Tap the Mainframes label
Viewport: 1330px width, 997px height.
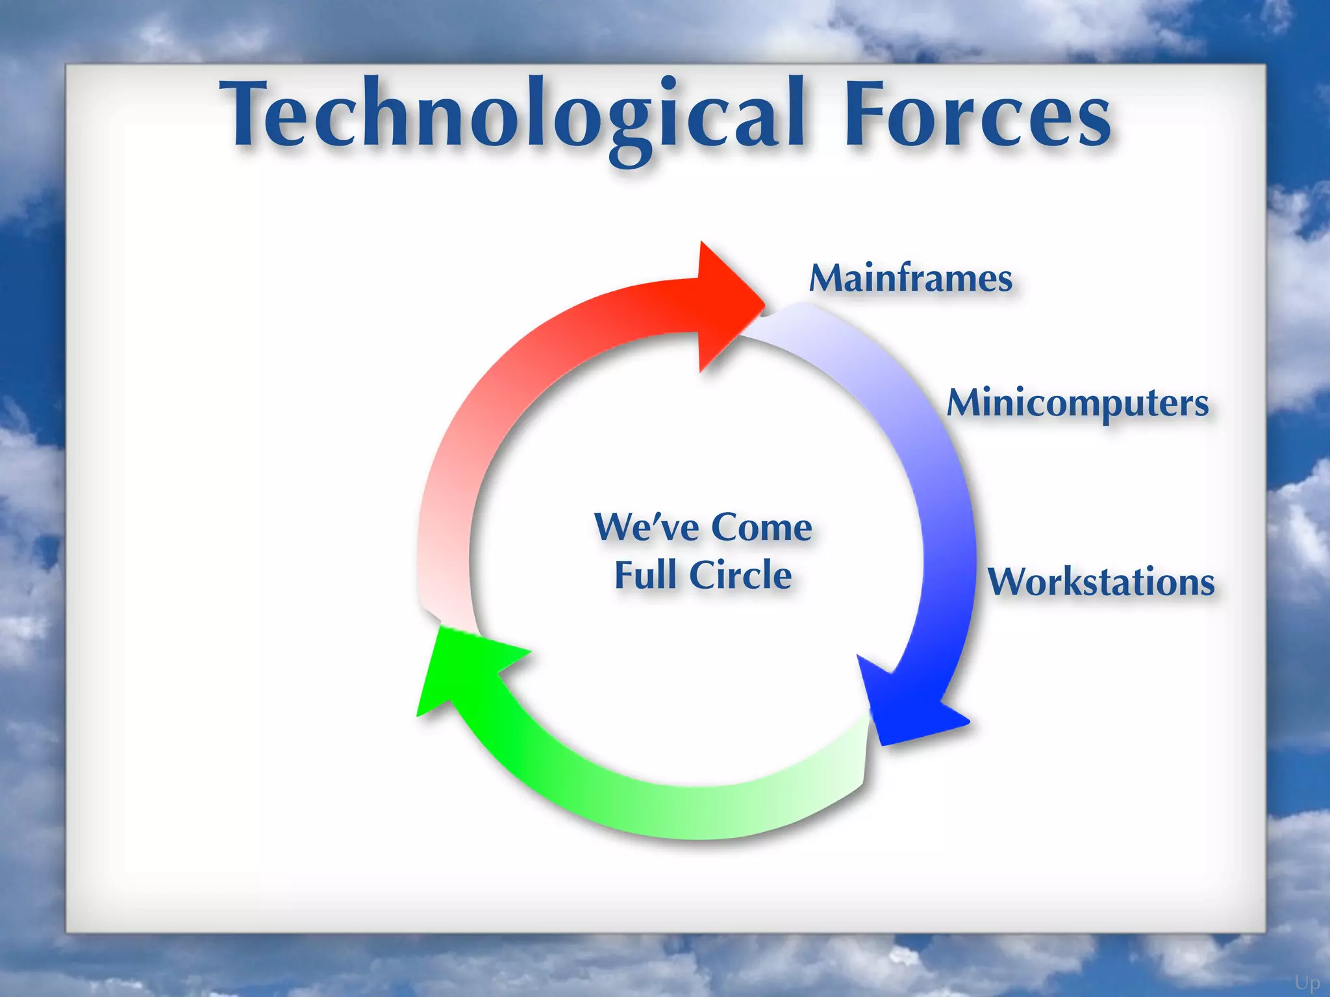[910, 279]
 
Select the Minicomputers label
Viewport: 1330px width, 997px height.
[1078, 404]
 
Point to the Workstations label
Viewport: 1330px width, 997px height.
[1101, 582]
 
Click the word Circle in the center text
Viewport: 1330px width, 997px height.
[740, 575]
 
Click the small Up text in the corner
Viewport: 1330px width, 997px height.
[1307, 983]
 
